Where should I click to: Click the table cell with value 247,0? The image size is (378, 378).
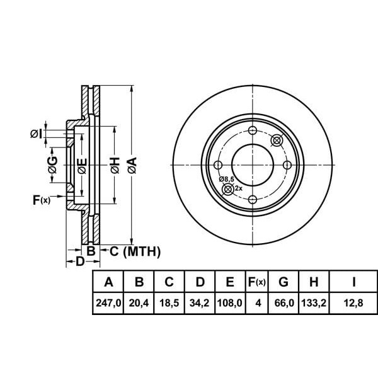click(x=108, y=303)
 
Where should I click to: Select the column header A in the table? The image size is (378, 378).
click(x=108, y=282)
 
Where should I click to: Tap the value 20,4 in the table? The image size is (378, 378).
click(x=139, y=303)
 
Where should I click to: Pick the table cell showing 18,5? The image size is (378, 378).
click(x=169, y=303)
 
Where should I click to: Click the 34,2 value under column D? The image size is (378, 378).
click(x=200, y=303)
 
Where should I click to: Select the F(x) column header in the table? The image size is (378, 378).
click(x=257, y=282)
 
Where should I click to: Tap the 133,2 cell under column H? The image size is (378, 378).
click(x=314, y=303)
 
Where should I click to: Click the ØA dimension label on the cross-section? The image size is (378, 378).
click(x=131, y=166)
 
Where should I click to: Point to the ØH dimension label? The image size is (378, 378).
click(x=114, y=166)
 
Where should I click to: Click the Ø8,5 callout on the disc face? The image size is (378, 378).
click(x=227, y=180)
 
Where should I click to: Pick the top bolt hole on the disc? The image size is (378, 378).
click(x=253, y=131)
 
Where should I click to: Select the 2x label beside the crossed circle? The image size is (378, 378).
click(x=238, y=188)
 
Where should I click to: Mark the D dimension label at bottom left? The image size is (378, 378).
click(x=79, y=261)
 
